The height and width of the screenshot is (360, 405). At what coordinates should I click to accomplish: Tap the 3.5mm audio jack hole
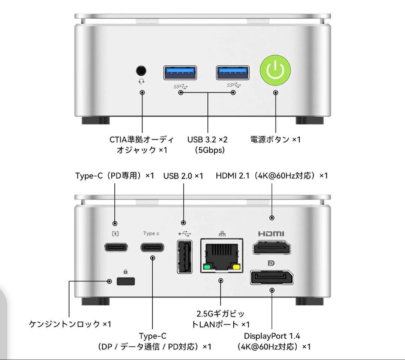[x=141, y=70]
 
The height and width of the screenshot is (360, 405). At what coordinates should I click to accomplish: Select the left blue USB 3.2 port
[x=180, y=72]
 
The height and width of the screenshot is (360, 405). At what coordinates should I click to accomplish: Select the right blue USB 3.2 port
[x=233, y=72]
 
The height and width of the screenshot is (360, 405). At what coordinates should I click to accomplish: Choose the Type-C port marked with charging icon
[x=115, y=247]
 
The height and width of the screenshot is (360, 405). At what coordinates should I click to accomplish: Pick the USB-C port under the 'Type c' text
[x=152, y=247]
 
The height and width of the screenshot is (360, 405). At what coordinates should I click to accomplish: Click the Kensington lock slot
[x=126, y=281]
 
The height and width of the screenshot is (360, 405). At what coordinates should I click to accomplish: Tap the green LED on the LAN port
[x=206, y=267]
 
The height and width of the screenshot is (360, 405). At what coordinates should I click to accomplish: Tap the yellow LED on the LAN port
[x=236, y=267]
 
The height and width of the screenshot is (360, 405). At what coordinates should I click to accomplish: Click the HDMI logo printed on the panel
[x=271, y=234]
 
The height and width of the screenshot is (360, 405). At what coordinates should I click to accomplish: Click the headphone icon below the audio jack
[x=141, y=81]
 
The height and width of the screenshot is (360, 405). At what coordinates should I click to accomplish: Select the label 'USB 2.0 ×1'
[x=183, y=175]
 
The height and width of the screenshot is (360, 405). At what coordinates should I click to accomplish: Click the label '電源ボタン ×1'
[x=275, y=139]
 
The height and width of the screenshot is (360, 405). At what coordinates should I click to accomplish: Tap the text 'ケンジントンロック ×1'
[x=70, y=324]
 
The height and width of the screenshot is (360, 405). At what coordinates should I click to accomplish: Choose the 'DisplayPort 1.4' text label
[x=272, y=336]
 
